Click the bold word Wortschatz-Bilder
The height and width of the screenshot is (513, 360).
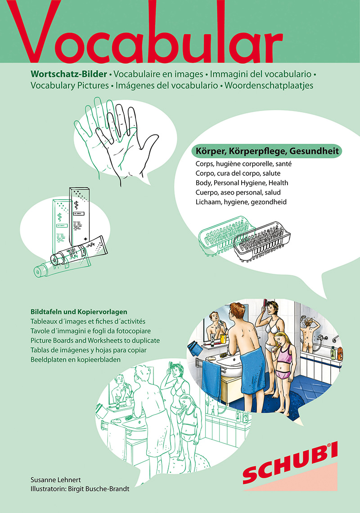(69, 74)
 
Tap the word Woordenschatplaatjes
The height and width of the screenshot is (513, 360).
(269, 85)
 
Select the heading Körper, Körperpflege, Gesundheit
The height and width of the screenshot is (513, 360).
(267, 152)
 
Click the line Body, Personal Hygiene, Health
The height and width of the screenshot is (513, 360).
(242, 183)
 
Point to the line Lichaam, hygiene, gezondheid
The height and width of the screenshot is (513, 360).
(241, 202)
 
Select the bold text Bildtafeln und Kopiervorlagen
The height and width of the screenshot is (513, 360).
(79, 312)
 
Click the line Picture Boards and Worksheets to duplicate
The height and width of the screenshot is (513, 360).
(95, 340)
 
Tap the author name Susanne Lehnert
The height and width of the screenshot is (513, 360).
(56, 480)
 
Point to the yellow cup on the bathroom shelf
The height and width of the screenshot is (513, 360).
(223, 338)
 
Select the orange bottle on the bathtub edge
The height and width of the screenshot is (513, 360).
(340, 353)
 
